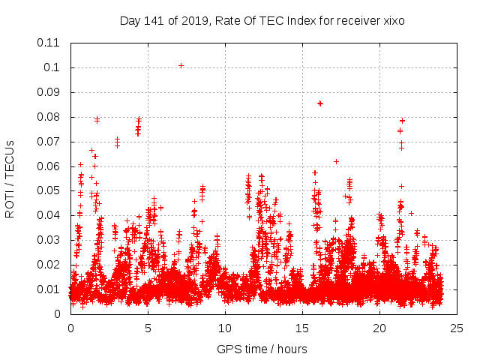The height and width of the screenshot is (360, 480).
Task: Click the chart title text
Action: [x=262, y=21]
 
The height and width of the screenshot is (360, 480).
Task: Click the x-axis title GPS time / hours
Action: [x=262, y=349]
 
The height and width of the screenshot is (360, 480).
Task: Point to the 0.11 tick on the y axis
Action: [x=49, y=43]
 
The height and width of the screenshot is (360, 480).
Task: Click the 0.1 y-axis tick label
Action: [x=52, y=67]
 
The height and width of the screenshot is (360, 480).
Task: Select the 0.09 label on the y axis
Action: [x=49, y=92]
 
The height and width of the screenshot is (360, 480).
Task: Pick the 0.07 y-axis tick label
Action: [x=49, y=142]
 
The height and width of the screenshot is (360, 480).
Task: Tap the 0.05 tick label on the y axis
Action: [x=49, y=190]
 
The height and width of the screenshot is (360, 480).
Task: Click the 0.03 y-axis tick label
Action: [x=49, y=240]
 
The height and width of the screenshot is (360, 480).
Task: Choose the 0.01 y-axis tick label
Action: [x=49, y=289]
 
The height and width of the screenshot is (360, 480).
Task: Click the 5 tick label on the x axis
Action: [x=148, y=328]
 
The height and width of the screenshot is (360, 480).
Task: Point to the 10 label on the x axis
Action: [x=225, y=328]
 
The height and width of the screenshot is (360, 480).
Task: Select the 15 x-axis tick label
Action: [x=302, y=328]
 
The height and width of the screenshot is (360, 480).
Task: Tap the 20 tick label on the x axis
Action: [x=379, y=328]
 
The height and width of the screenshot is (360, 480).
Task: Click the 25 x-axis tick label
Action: [x=457, y=328]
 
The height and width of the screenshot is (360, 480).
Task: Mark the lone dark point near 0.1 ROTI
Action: [x=181, y=65]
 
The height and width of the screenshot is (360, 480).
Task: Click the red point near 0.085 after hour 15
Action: [x=320, y=103]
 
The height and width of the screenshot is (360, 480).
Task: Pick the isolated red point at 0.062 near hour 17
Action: [x=336, y=161]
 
